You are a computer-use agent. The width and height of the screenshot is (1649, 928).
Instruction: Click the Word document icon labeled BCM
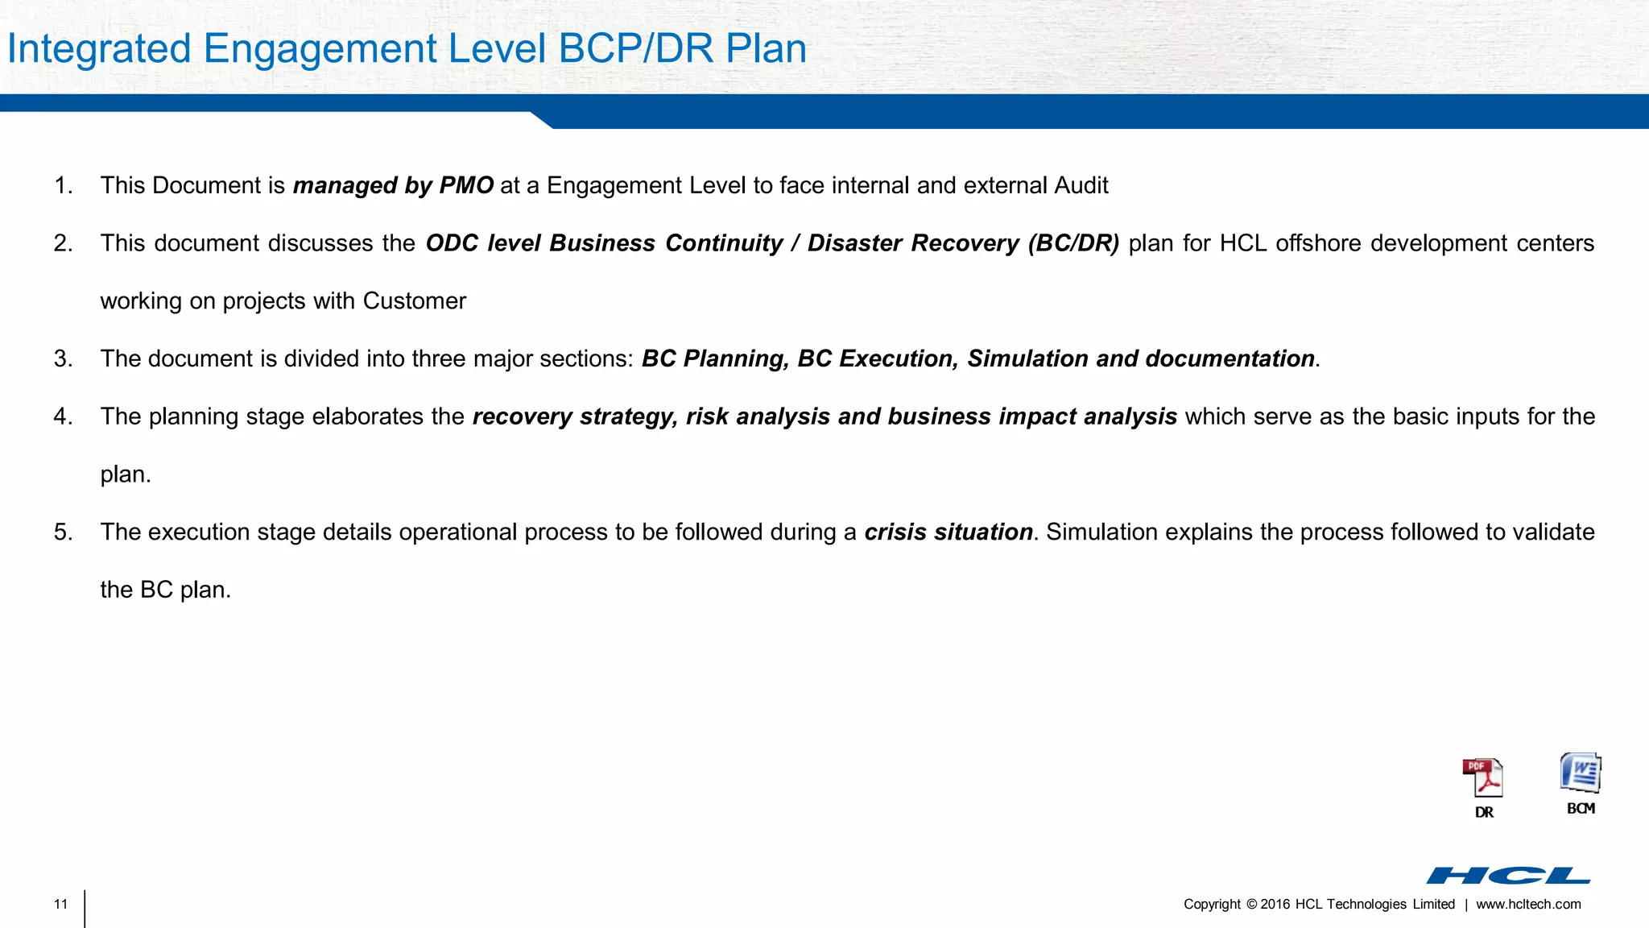pyautogui.click(x=1581, y=774)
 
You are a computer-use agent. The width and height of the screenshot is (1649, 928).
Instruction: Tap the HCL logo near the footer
pyautogui.click(x=1508, y=876)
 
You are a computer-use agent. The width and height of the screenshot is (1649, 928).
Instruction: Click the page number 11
pyautogui.click(x=61, y=905)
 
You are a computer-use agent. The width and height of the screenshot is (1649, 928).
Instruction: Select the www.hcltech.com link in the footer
pyautogui.click(x=1528, y=905)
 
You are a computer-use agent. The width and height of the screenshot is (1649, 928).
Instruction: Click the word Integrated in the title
pyautogui.click(x=99, y=48)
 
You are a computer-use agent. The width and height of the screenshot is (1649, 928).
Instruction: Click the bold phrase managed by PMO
pyautogui.click(x=393, y=186)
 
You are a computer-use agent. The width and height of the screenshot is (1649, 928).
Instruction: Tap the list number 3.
pyautogui.click(x=63, y=359)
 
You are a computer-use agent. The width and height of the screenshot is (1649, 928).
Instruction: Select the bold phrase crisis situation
pyautogui.click(x=948, y=532)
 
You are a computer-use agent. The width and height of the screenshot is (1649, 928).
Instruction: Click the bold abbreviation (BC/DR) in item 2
pyautogui.click(x=1073, y=243)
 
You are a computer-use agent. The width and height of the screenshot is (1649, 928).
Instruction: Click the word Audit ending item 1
pyautogui.click(x=1081, y=186)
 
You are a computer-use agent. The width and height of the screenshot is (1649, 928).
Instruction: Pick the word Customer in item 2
pyautogui.click(x=414, y=301)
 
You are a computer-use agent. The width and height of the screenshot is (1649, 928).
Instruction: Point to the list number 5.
pyautogui.click(x=63, y=532)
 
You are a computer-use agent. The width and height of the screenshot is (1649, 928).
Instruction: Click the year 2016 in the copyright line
pyautogui.click(x=1275, y=905)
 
